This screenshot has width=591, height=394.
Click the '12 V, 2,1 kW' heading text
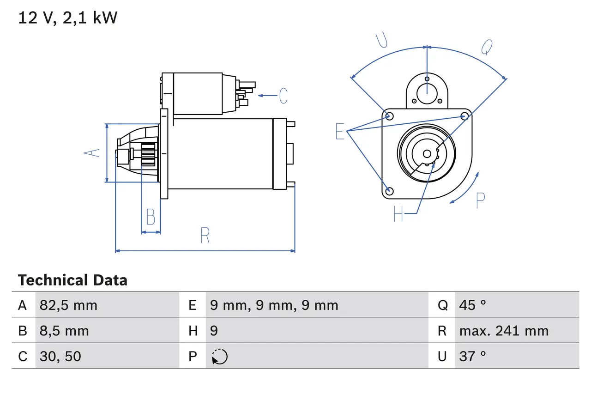coord(68,18)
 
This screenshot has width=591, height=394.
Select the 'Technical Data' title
coord(72,280)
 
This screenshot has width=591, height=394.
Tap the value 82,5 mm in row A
coord(68,305)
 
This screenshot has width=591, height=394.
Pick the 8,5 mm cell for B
coord(64,331)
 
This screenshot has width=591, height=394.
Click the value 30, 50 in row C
coord(60,356)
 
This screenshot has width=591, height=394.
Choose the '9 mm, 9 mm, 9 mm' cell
coord(274,305)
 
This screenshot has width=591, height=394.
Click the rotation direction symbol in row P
coord(220,356)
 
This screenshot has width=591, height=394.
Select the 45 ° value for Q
coord(473,305)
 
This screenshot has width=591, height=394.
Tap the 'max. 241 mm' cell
coord(504,331)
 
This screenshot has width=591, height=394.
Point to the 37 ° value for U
coord(473,356)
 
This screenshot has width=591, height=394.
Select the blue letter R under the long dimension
coord(205,236)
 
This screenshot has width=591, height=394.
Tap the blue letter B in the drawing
coord(151,217)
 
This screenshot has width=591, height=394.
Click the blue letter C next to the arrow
coord(283,96)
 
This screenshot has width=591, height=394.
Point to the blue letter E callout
coord(340,132)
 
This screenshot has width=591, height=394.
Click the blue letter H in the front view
coord(398,214)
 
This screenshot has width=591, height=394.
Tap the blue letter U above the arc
coord(381,40)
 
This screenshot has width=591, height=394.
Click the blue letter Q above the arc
coord(487,47)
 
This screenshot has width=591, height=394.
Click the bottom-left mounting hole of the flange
coord(389,190)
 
